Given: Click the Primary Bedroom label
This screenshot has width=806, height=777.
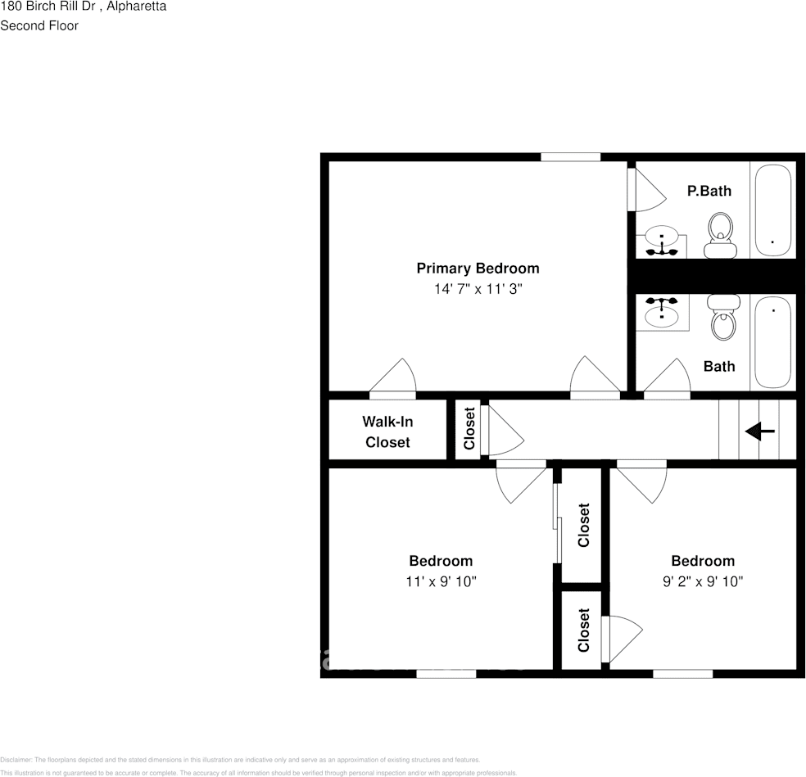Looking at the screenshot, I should pyautogui.click(x=478, y=269).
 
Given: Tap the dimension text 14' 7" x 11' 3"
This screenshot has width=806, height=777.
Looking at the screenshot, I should pyautogui.click(x=478, y=289).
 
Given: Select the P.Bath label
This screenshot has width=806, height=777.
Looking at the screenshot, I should pyautogui.click(x=709, y=191).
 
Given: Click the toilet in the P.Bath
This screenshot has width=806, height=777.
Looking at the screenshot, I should pyautogui.click(x=721, y=235).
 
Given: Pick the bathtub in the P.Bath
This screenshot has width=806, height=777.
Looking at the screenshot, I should pyautogui.click(x=772, y=210).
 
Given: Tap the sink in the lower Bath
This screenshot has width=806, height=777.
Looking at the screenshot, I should pyautogui.click(x=661, y=312).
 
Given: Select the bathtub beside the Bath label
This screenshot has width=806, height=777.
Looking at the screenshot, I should pyautogui.click(x=772, y=341).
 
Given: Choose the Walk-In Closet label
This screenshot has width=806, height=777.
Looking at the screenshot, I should pyautogui.click(x=387, y=431).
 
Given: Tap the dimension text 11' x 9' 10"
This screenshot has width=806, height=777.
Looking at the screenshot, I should pyautogui.click(x=441, y=581).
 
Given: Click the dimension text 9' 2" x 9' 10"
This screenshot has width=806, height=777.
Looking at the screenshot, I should pyautogui.click(x=702, y=581).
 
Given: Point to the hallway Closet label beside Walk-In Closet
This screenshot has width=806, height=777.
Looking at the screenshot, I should pyautogui.click(x=469, y=429).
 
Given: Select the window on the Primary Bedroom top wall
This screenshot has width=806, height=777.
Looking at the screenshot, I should pyautogui.click(x=570, y=156).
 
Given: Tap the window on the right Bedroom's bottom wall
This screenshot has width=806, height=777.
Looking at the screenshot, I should pyautogui.click(x=682, y=674).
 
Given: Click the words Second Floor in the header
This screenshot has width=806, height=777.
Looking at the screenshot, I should pyautogui.click(x=39, y=25).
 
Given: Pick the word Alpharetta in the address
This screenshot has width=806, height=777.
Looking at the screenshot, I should pyautogui.click(x=138, y=7).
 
